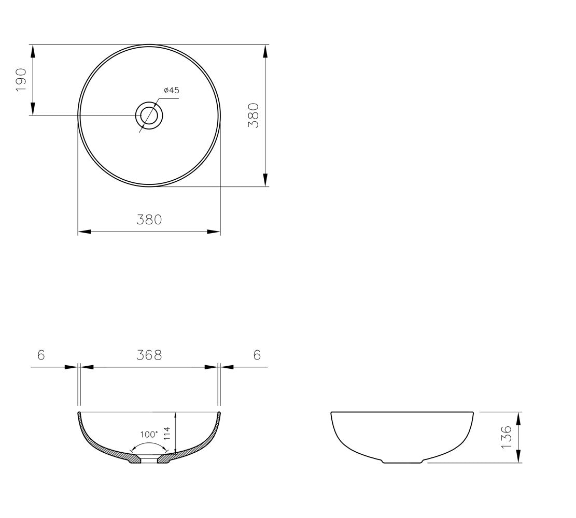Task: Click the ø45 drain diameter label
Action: [171, 91]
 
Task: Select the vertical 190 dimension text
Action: [21, 79]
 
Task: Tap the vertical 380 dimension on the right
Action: [253, 115]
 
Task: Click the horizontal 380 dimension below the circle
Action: [149, 220]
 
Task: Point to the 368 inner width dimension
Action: [149, 355]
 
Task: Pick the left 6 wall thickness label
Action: [41, 355]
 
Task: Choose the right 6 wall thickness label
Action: [257, 355]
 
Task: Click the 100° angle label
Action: [149, 434]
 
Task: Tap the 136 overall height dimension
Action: [507, 437]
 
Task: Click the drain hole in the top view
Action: [149, 115]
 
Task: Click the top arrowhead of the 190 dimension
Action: [33, 50]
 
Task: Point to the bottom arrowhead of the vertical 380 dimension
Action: [265, 180]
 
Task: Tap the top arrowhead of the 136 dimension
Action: [518, 418]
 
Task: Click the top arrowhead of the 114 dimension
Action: [176, 417]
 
